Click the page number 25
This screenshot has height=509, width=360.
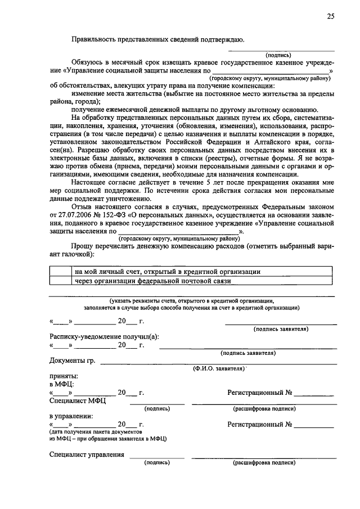click(331, 17)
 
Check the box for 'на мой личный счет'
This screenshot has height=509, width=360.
click(61, 272)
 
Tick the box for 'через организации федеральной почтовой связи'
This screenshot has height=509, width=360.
click(61, 281)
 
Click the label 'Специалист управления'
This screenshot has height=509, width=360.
click(86, 454)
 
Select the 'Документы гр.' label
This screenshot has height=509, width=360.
click(71, 360)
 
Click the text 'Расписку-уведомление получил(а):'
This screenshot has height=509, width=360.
click(104, 336)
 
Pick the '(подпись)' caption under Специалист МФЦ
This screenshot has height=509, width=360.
click(157, 408)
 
